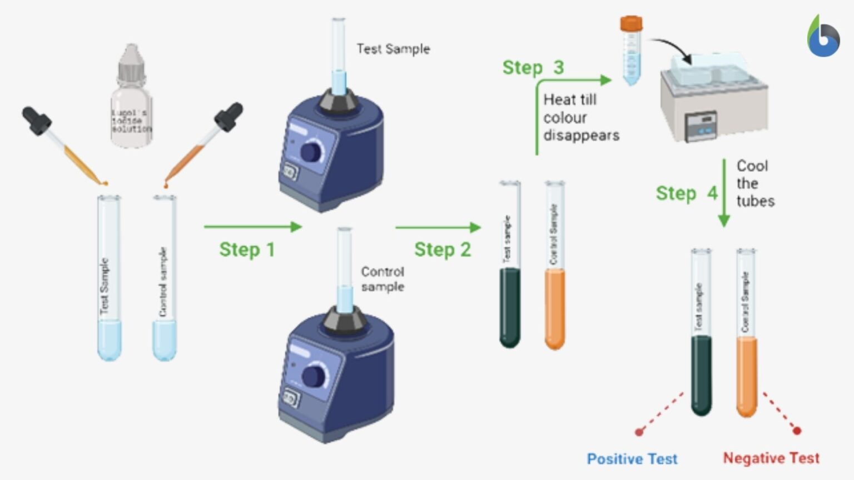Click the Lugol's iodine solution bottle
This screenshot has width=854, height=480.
(131, 100)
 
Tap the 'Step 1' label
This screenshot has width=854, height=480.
(247, 250)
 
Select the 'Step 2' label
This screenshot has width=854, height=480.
(443, 250)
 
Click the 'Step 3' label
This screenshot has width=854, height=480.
(533, 68)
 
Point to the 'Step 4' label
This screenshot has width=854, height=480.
(686, 193)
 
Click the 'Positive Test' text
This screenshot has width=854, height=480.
(632, 459)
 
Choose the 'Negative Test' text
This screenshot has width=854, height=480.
(771, 458)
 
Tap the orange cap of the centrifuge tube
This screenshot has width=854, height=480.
(631, 23)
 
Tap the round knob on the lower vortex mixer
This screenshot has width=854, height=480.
(315, 376)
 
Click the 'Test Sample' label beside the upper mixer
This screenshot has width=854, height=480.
(393, 49)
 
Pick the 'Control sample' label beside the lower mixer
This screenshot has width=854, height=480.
(383, 279)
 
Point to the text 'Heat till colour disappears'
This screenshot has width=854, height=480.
(580, 117)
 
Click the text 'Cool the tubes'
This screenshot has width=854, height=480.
(754, 183)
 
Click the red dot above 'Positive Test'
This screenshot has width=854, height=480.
(639, 432)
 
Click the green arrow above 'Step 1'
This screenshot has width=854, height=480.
(252, 227)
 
